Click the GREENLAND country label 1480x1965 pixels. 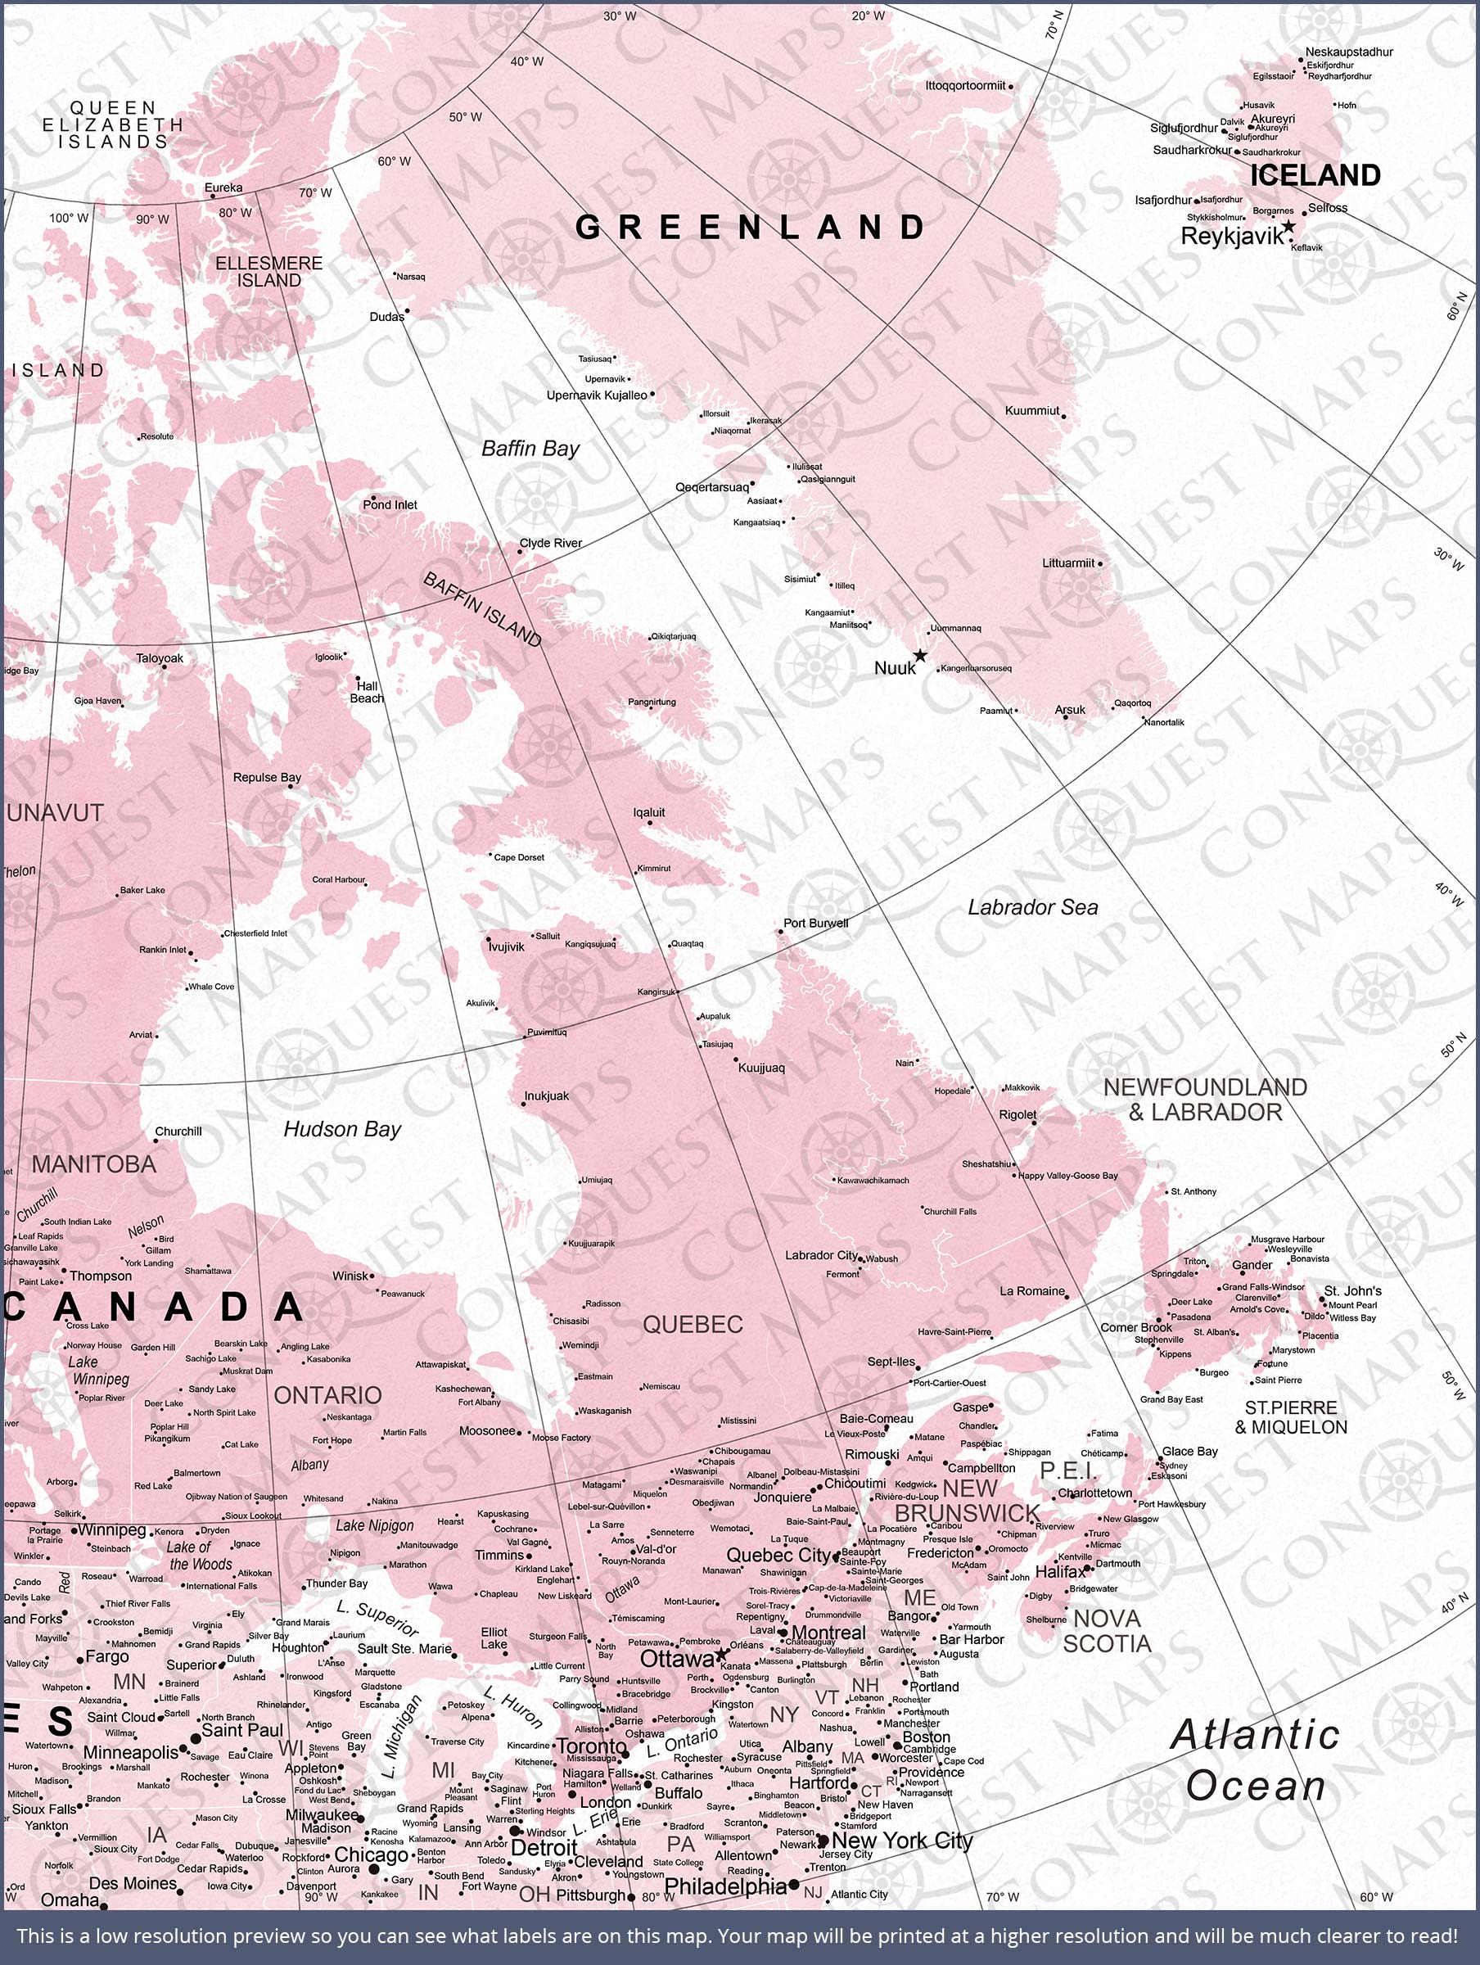coord(751,228)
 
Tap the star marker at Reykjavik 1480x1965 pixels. coord(1288,228)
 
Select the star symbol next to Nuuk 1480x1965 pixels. coord(920,656)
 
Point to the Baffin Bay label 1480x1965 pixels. coord(530,449)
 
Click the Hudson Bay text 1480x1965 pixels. coord(342,1129)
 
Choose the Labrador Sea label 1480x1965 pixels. coord(1032,907)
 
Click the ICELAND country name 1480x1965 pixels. coord(1315,175)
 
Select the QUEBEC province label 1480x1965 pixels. coord(692,1325)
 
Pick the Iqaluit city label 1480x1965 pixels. coord(648,812)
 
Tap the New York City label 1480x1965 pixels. coord(903,1841)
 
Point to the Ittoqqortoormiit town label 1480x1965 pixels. coord(965,86)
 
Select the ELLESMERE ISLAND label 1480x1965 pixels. coord(269,272)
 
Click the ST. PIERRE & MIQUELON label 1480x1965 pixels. coord(1290,1417)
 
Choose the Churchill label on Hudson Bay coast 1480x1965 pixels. coord(178,1131)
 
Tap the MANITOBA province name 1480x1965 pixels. coord(94,1163)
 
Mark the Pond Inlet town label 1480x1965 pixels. coord(390,504)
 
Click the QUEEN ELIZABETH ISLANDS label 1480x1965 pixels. coord(113,124)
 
